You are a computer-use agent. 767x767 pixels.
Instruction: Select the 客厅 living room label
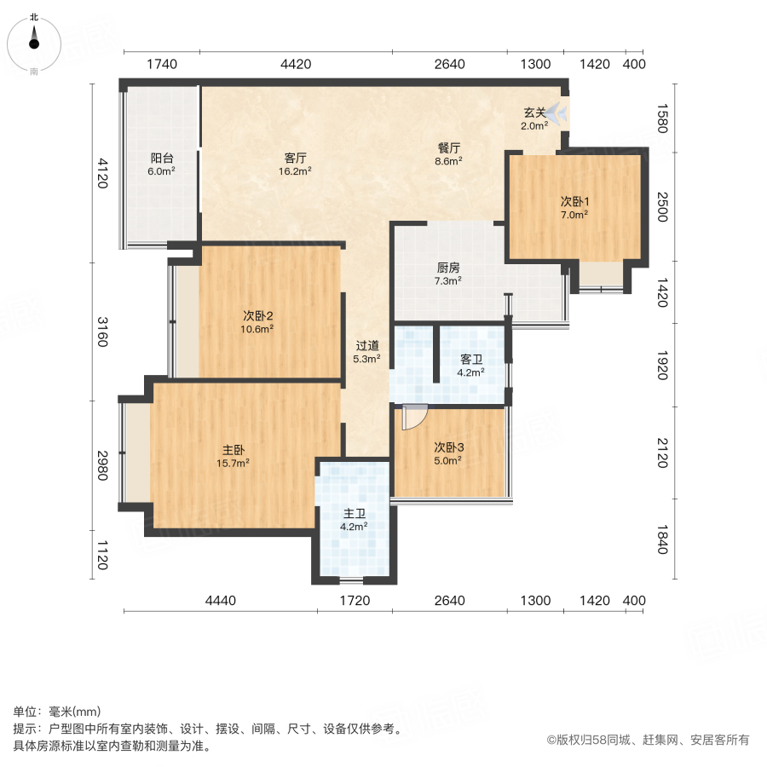296,158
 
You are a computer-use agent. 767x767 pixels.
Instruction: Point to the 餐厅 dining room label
448,147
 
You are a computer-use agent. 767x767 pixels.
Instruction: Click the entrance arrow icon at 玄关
558,112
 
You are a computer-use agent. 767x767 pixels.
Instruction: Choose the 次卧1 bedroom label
574,202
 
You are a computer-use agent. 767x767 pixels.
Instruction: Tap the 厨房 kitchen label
447,268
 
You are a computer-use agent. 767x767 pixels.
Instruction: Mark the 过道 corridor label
367,346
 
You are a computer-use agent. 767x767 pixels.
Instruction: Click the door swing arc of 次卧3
413,418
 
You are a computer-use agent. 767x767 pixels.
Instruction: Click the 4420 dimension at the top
296,64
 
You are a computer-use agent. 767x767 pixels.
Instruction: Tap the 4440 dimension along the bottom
220,601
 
